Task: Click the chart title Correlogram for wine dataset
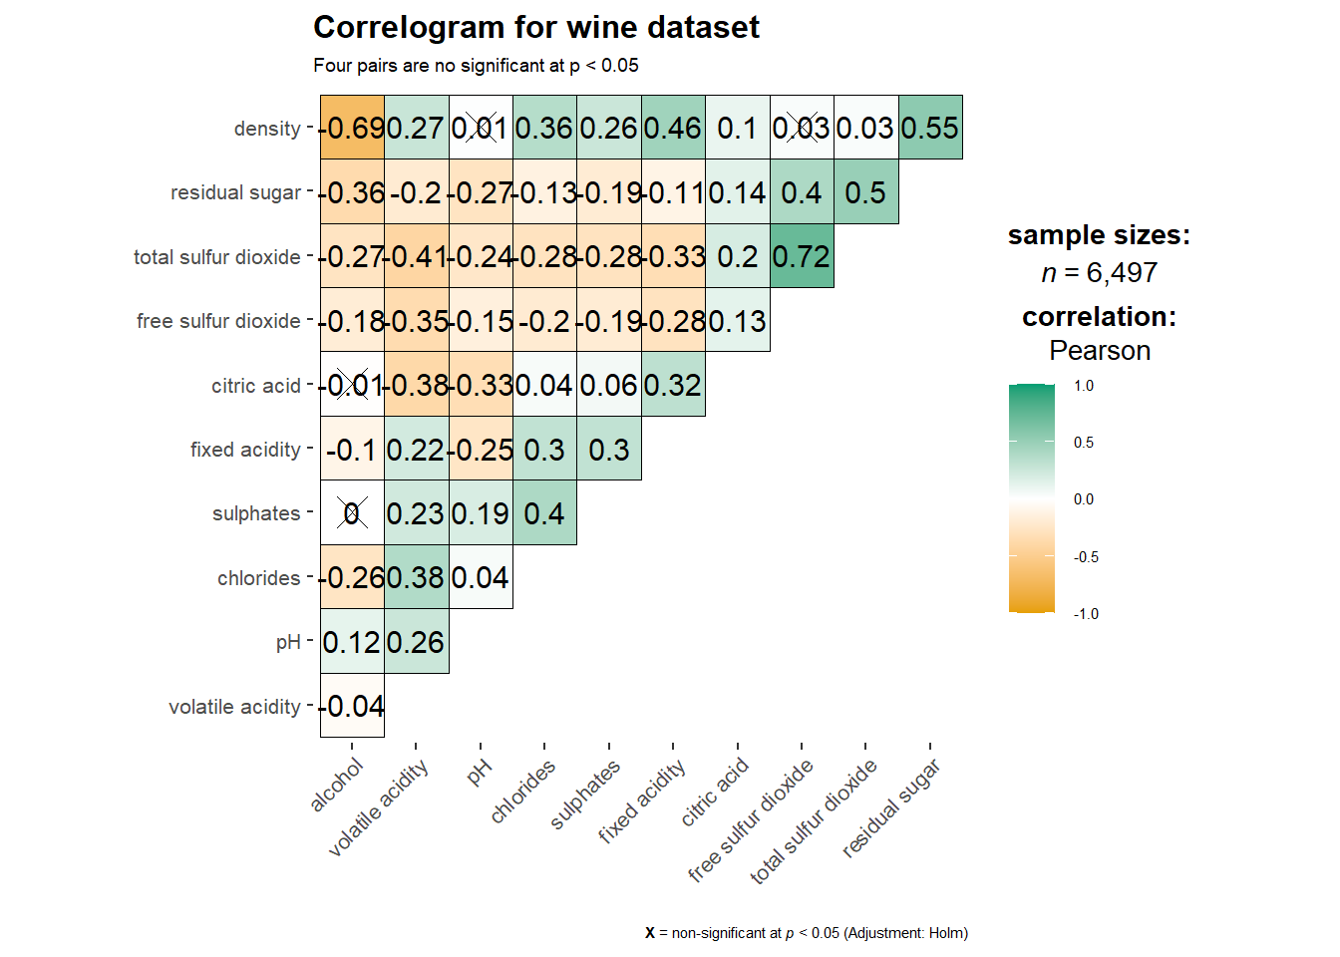point(535,28)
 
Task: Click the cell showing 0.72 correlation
point(802,256)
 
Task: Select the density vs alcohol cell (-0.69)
point(352,128)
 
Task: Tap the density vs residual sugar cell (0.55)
point(930,128)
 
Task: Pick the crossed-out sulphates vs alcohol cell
point(352,513)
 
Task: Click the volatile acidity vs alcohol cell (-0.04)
point(352,706)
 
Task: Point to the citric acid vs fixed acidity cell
point(673,385)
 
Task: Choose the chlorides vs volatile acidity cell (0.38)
point(416,577)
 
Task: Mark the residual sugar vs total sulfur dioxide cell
point(865,192)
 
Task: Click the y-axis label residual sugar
point(235,192)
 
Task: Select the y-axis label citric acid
point(255,386)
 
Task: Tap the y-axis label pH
point(288,643)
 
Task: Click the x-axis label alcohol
point(337,786)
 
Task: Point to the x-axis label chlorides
point(522,793)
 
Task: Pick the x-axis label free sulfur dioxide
point(751,820)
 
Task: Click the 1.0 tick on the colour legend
point(1084,386)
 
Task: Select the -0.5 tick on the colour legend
point(1086,557)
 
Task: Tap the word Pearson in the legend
point(1100,351)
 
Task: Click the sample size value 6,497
point(1122,273)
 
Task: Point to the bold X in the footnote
point(650,933)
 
